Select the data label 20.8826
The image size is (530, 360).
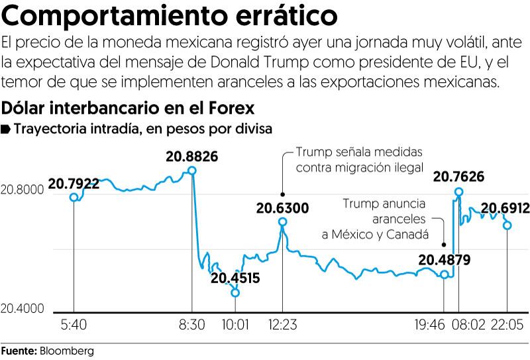[x=193, y=157]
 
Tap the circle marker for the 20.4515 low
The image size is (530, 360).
[x=235, y=292]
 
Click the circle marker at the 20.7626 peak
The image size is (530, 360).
[x=458, y=192]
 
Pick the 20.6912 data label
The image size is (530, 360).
[x=505, y=209]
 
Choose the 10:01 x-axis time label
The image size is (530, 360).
[x=235, y=327]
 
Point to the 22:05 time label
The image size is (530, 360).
[x=507, y=327]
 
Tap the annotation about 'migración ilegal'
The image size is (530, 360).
[x=358, y=159]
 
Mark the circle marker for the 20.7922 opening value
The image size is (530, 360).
[x=74, y=197]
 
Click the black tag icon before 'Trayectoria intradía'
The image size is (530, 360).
[x=6, y=128]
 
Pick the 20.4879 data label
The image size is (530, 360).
[x=444, y=259]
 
